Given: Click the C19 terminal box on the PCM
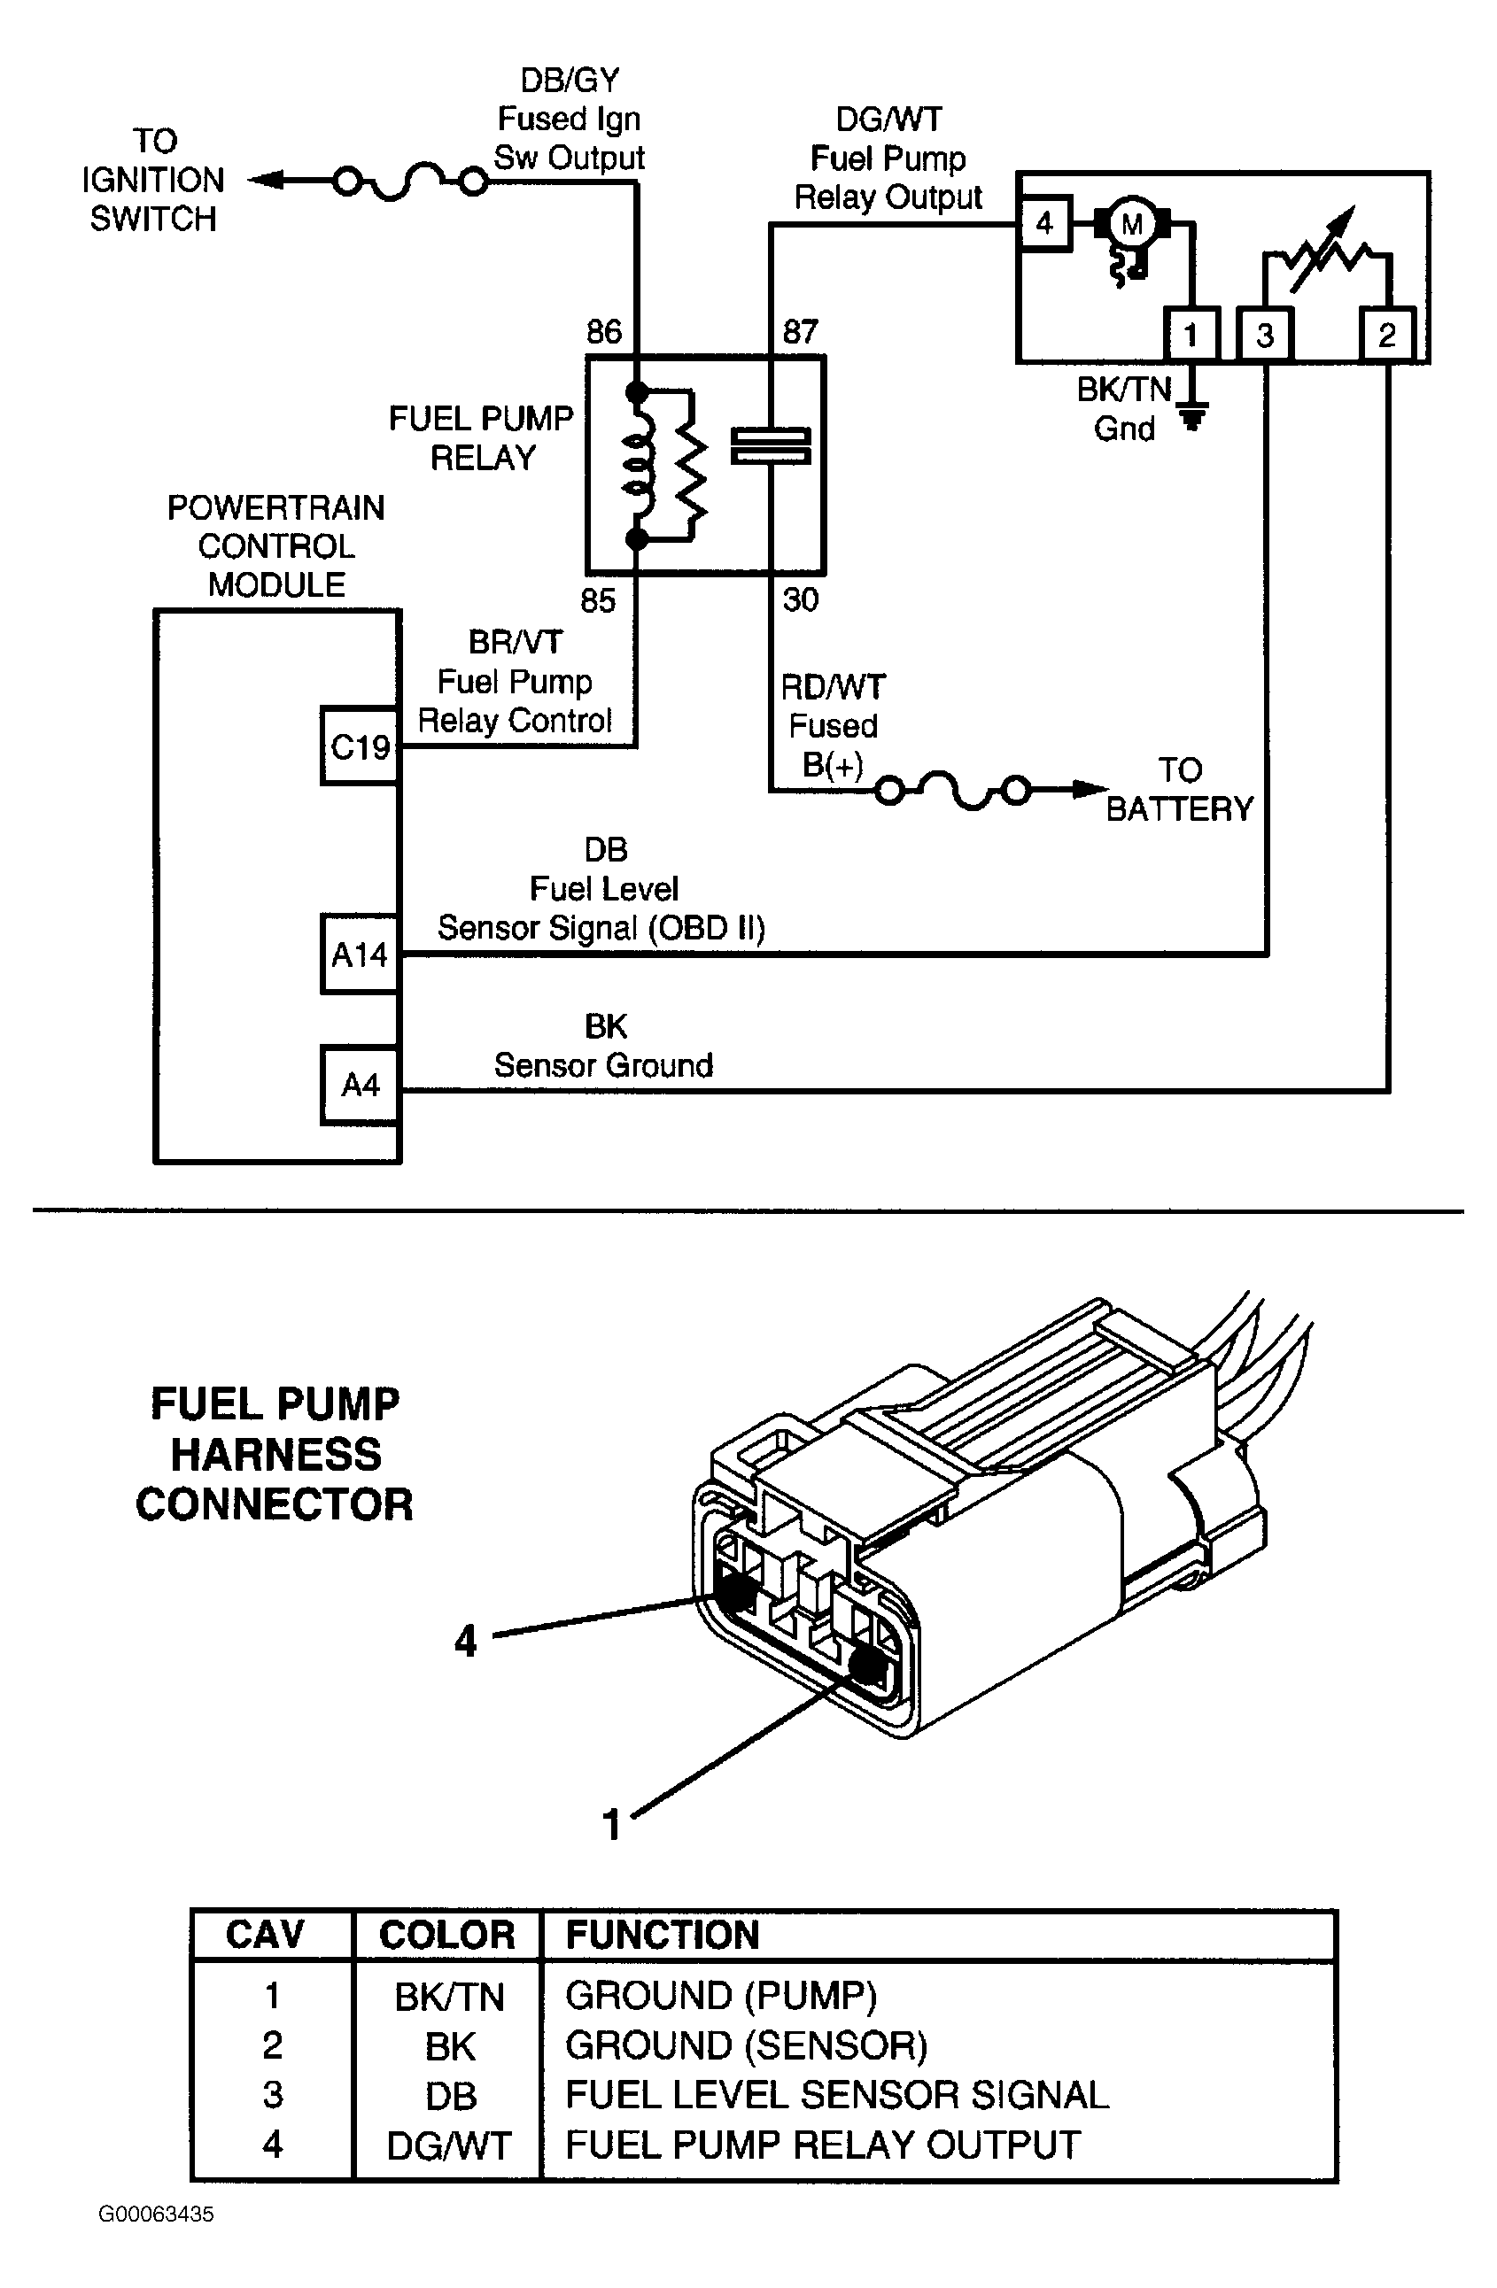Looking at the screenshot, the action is point(360,746).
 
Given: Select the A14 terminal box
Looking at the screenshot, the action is point(360,954).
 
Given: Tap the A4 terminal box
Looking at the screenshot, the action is point(360,1086).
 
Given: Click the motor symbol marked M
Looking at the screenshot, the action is point(1132,225).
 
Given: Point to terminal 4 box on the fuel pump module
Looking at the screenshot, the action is point(1045,224).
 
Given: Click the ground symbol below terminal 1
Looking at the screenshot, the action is point(1192,414).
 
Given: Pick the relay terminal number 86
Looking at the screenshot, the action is point(604,332).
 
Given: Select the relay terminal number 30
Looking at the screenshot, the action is point(800,599).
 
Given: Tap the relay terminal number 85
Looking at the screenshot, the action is point(597,601).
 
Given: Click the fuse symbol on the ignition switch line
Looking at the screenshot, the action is point(409,181).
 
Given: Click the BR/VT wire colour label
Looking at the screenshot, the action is point(515,642).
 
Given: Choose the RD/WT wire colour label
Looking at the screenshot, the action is point(833,687).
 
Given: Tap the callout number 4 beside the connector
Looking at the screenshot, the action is point(465,1641).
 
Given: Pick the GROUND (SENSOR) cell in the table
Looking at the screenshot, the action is point(746,2045).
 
